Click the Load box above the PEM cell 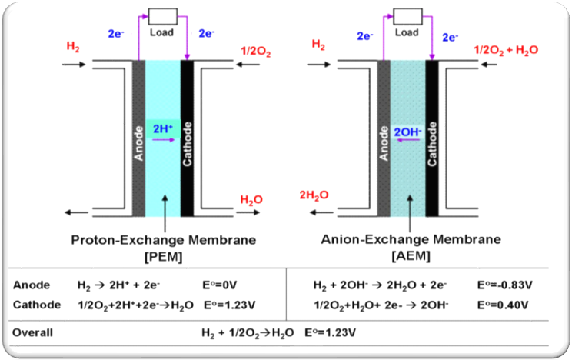coord(162,16)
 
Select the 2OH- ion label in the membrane coord(407,132)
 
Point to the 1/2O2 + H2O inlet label coord(506,49)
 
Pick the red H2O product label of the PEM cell coord(252,199)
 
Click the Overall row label coord(33,333)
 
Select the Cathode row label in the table coord(37,305)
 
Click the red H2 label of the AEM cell coord(318,46)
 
